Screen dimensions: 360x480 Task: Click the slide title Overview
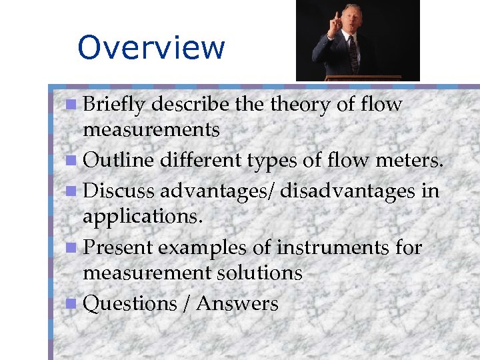151,47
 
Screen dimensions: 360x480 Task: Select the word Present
117,247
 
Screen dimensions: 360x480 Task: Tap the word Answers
237,303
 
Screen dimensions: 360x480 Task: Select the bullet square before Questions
71,304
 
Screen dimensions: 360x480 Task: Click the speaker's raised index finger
329,15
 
